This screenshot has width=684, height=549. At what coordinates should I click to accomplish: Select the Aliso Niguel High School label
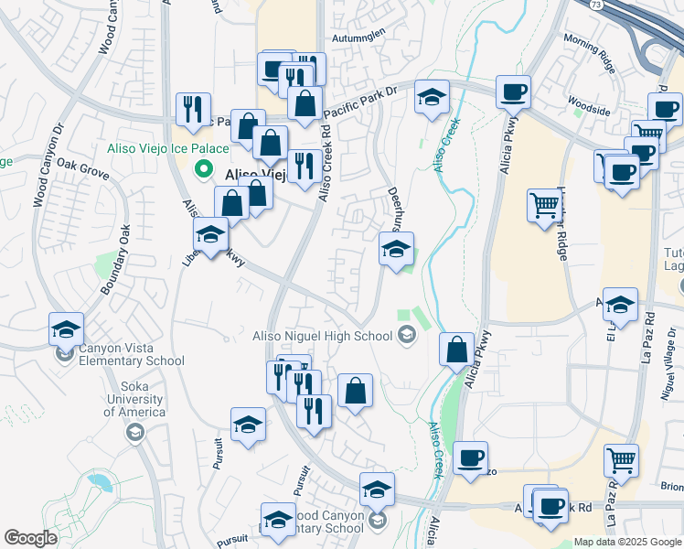pos(322,336)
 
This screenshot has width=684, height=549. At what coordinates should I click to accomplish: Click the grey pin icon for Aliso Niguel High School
pos(407,336)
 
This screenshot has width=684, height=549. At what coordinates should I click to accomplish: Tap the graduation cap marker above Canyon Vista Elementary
pos(67,329)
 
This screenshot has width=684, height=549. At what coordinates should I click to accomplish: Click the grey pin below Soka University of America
pos(135,431)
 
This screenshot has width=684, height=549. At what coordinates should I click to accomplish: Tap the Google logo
pos(30,537)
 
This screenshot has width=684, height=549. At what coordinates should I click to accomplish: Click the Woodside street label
pos(589,110)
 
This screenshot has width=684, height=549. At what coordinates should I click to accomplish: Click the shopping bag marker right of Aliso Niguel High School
pos(456,350)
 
